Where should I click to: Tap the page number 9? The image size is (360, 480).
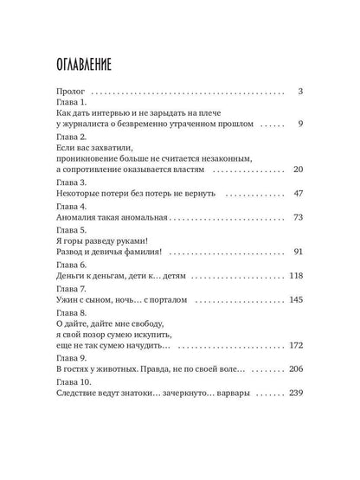[x=299, y=125]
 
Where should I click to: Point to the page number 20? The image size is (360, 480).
[x=296, y=171]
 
